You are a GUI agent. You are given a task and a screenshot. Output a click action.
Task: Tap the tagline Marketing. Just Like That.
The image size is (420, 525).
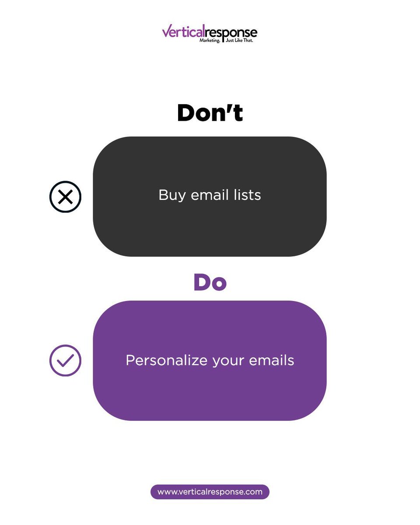click(x=227, y=40)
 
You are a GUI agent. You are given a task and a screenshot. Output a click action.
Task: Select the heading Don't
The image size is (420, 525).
click(x=210, y=113)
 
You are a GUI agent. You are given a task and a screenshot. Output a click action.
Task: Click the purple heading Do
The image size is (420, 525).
click(x=210, y=283)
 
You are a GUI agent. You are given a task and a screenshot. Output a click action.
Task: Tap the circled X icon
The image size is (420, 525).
click(x=65, y=197)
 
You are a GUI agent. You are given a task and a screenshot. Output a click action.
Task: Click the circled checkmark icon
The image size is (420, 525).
click(x=65, y=360)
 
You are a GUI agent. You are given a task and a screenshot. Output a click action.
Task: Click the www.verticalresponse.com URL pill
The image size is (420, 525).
click(x=210, y=492)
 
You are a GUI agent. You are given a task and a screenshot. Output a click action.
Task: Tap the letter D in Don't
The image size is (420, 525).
click(x=186, y=113)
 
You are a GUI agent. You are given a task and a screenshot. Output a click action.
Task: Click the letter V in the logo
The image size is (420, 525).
click(x=166, y=31)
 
